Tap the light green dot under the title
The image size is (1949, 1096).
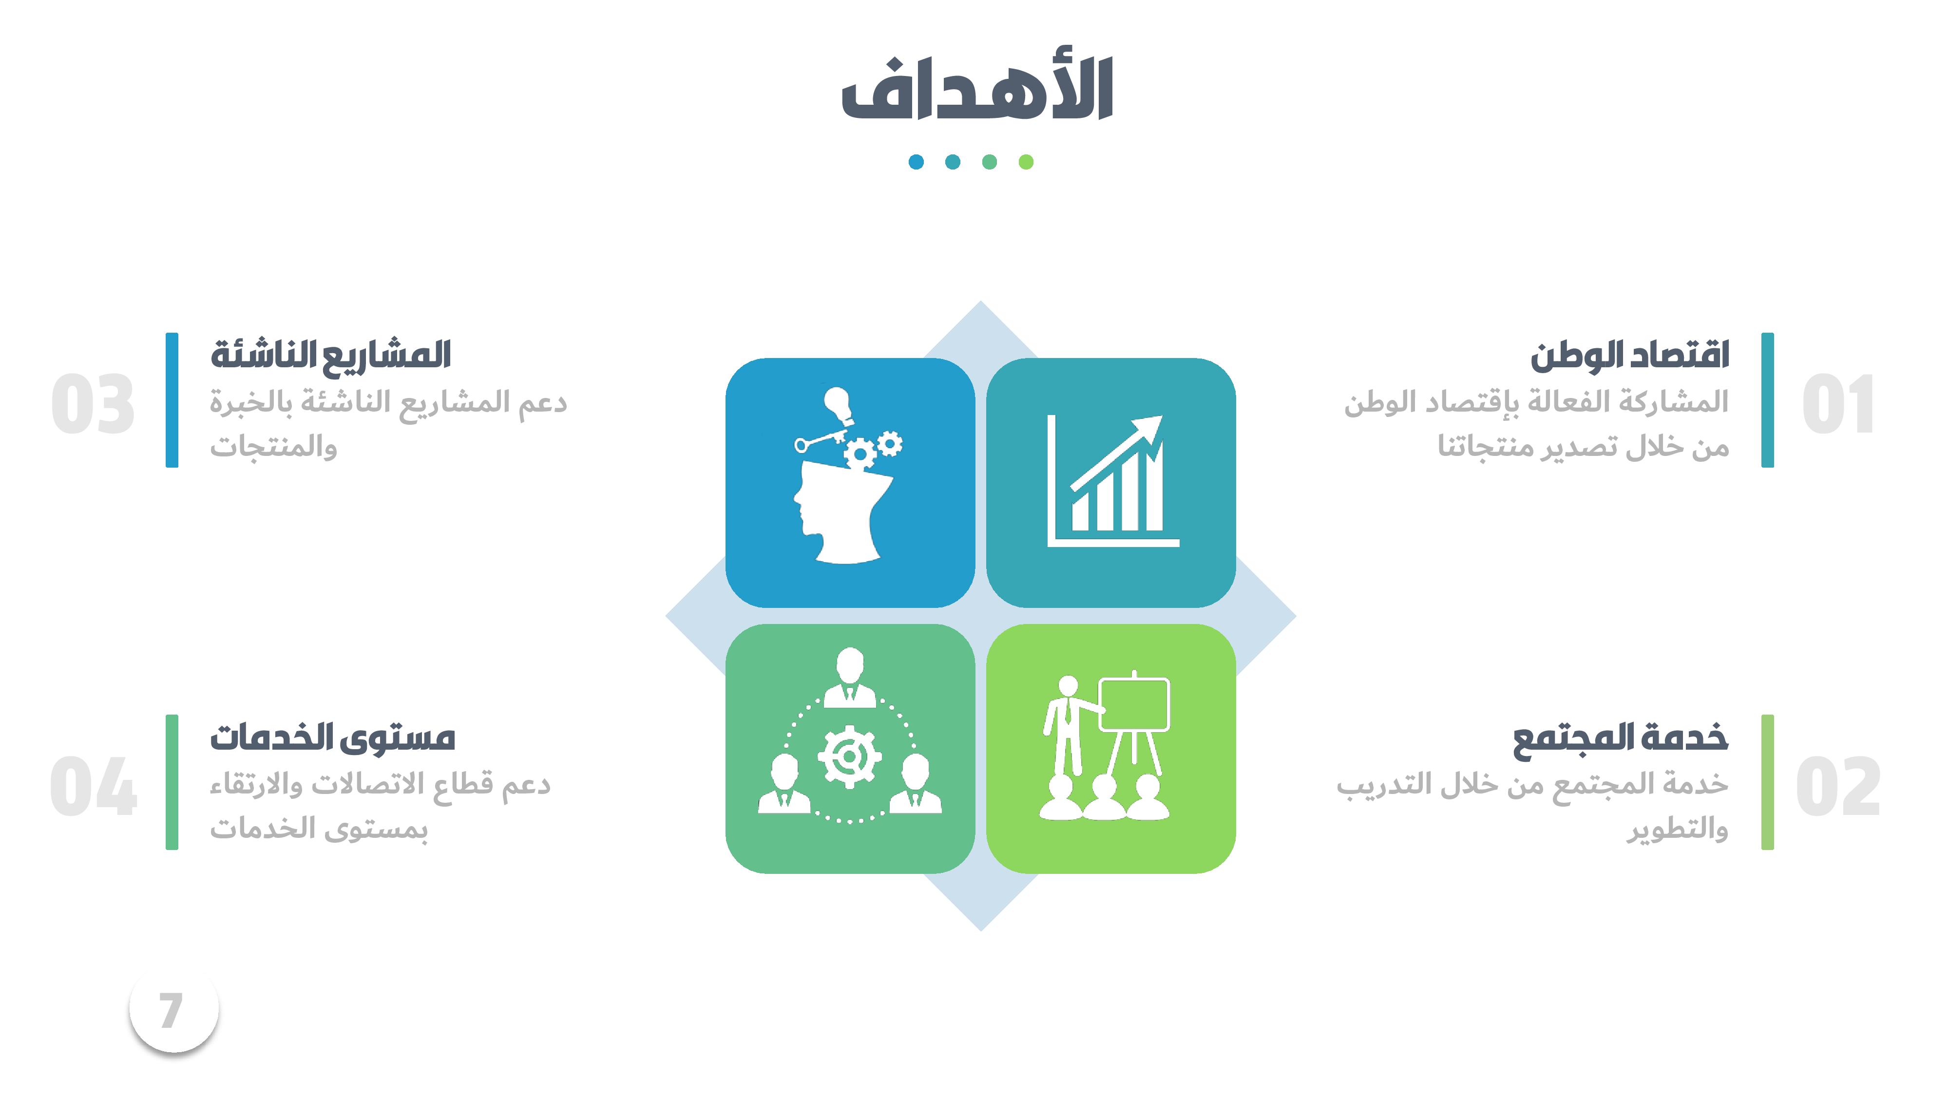(x=1026, y=162)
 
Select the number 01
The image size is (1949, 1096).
(x=1838, y=405)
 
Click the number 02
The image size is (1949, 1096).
(x=1838, y=787)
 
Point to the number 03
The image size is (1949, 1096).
(x=93, y=405)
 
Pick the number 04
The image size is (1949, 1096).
(x=93, y=787)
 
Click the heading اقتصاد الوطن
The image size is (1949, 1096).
(x=1630, y=356)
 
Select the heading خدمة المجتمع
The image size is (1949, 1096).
(x=1620, y=737)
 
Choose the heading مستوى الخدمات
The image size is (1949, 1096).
(x=332, y=737)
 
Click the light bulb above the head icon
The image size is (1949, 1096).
(x=838, y=405)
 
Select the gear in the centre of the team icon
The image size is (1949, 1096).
(x=850, y=756)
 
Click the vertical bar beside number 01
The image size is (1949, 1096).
(x=1767, y=400)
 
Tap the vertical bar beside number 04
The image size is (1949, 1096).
(x=172, y=782)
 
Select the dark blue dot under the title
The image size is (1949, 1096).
(x=916, y=162)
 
